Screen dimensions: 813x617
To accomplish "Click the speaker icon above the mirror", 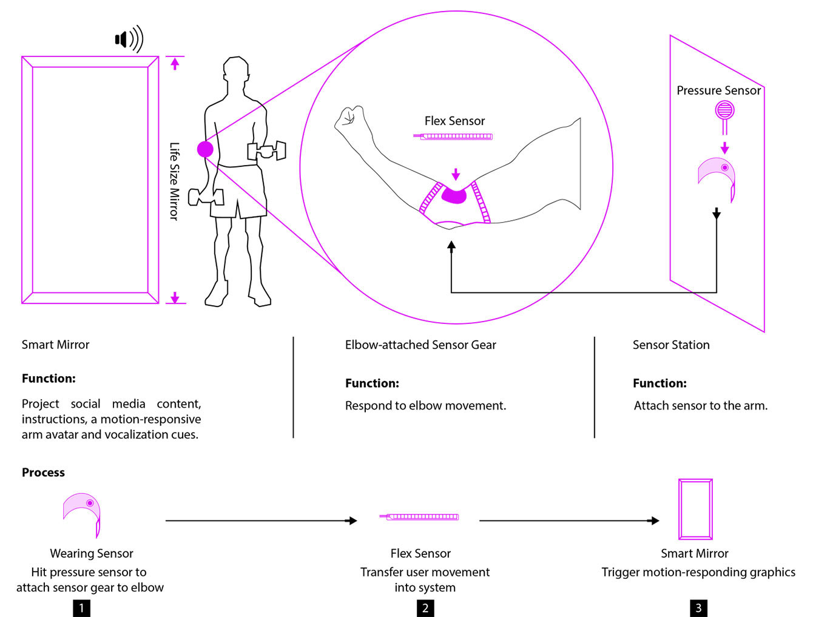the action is [x=129, y=39].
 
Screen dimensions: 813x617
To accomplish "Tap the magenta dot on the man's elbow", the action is [x=205, y=149].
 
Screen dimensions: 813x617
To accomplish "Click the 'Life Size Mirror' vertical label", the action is [x=175, y=181].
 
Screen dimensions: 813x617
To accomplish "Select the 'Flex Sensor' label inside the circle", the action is [x=454, y=121].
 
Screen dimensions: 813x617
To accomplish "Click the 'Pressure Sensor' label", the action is [x=718, y=90].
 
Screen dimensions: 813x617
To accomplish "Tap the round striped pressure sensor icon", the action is [x=724, y=110].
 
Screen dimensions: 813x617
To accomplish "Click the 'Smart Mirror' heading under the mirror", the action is [x=55, y=345].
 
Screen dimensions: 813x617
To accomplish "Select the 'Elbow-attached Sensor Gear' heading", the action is [x=420, y=345].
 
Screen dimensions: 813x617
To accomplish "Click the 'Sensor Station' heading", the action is [x=671, y=345].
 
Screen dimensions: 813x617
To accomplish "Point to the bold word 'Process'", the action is [x=43, y=472].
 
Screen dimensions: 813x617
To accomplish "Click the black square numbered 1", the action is [x=81, y=608].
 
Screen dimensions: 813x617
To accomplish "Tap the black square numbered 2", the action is [x=425, y=608].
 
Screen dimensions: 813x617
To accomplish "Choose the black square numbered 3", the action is [x=698, y=608].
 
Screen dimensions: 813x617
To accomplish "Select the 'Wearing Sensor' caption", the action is [x=92, y=553].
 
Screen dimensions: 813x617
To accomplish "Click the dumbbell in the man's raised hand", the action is [x=266, y=150].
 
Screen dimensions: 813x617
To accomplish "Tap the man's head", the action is [x=236, y=70].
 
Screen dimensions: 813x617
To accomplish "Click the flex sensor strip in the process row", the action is [x=419, y=517].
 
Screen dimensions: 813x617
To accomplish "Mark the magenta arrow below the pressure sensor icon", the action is [x=724, y=147].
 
